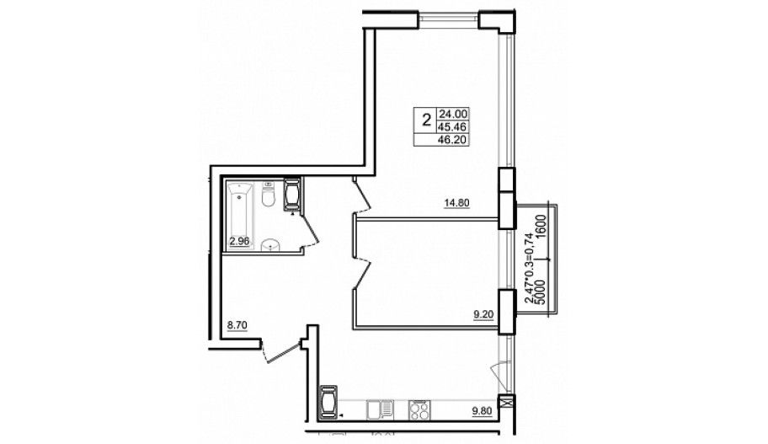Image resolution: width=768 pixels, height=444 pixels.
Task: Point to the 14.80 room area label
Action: coord(456,203)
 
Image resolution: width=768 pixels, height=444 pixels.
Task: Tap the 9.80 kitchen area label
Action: coord(483,413)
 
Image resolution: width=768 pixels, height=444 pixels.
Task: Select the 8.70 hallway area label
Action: coord(237,324)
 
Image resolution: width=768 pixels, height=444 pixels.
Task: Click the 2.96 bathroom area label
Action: coord(239,241)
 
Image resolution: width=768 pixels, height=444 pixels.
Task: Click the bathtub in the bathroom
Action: coord(240,215)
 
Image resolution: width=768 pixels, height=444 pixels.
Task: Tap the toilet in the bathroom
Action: coord(268,195)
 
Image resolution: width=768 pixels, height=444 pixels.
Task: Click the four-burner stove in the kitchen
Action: coord(419,410)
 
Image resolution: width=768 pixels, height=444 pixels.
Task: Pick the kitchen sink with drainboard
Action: coord(380,410)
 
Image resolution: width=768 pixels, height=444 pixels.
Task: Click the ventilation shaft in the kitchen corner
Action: coord(328,403)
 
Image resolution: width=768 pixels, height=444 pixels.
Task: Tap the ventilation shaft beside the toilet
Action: coord(292,195)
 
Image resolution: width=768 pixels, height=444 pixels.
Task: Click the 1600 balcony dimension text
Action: coord(541,226)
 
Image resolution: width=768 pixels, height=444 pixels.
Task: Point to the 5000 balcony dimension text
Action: coord(541,292)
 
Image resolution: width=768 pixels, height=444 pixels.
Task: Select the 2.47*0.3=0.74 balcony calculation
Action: coord(530,269)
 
